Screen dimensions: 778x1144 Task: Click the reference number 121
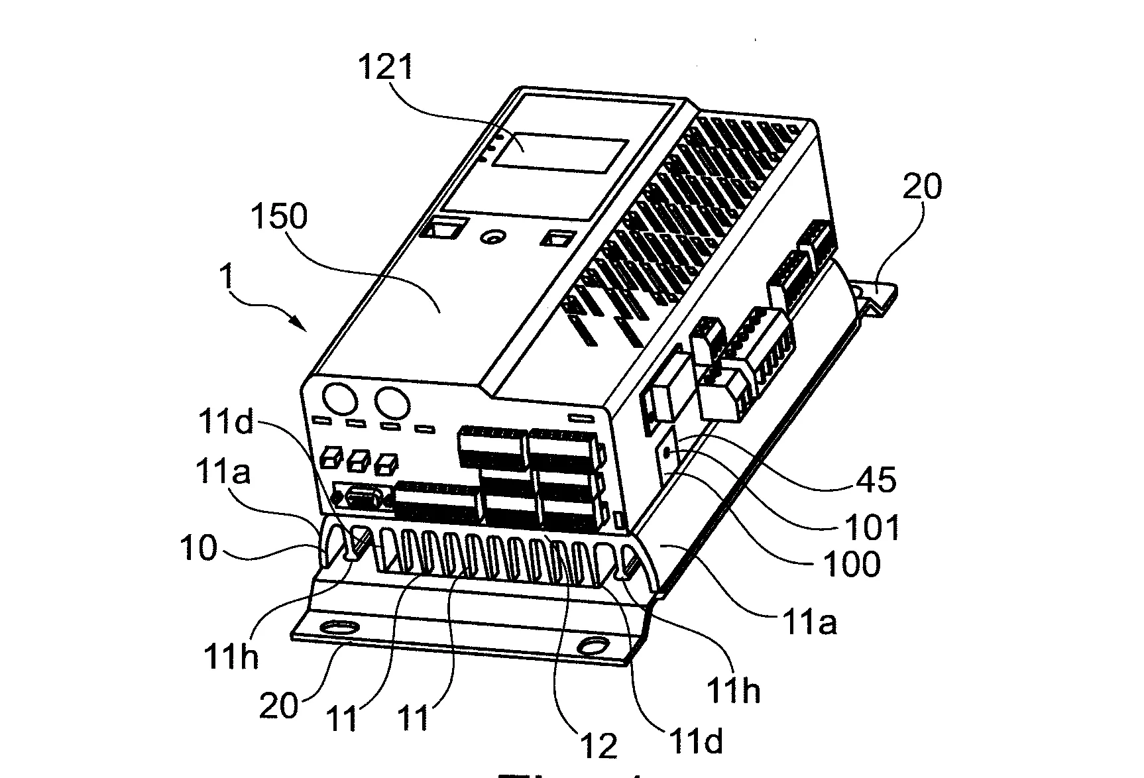[386, 68]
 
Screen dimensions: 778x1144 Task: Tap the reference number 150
[279, 217]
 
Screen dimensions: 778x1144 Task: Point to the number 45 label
[876, 479]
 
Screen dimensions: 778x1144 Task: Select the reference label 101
[872, 528]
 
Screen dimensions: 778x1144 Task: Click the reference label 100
[851, 564]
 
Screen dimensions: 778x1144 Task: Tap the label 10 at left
[198, 549]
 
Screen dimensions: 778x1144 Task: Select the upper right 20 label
[921, 187]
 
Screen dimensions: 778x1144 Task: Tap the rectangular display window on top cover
[560, 156]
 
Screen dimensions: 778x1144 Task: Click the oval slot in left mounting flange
[338, 627]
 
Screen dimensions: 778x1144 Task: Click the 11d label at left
[226, 421]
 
